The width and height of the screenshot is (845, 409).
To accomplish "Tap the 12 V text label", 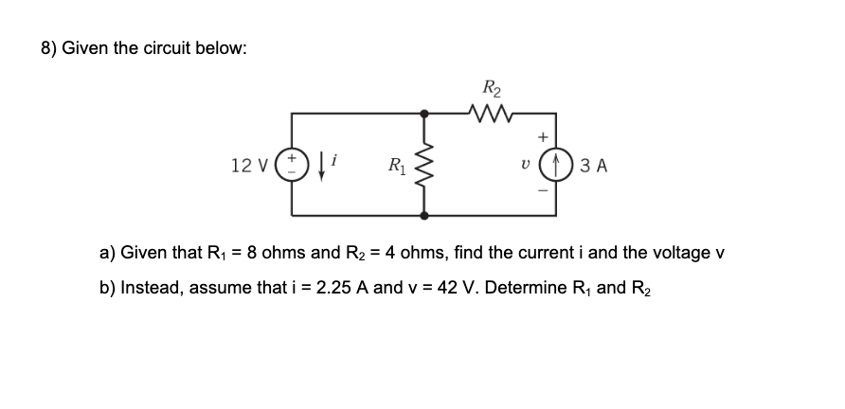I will click(x=249, y=166).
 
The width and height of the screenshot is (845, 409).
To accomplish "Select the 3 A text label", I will click(x=594, y=166).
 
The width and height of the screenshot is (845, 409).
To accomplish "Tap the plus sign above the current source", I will click(x=546, y=136).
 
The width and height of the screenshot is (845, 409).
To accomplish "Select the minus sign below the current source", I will click(x=546, y=192).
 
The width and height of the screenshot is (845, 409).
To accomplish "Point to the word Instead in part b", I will click(x=148, y=288).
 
